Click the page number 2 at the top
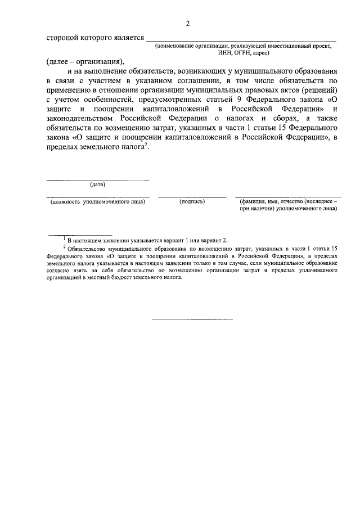188,23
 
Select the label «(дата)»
98,184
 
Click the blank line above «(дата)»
98,179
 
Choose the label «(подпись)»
192,201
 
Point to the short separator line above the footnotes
80,234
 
